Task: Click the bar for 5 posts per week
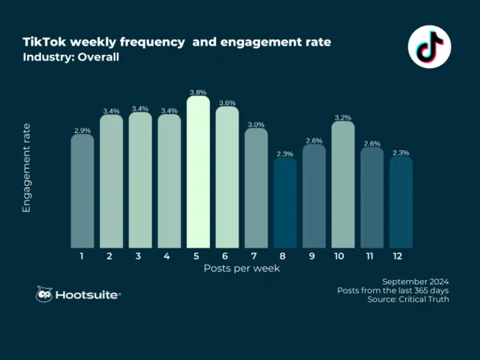(x=198, y=172)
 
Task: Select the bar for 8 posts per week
(x=285, y=203)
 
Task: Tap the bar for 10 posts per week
(x=343, y=184)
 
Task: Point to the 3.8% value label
(x=198, y=91)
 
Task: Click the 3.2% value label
(x=343, y=118)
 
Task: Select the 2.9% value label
(x=82, y=131)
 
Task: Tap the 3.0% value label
(x=256, y=125)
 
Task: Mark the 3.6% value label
(x=227, y=102)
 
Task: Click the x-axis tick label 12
(x=401, y=255)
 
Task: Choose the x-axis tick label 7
(x=256, y=255)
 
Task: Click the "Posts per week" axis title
(x=242, y=268)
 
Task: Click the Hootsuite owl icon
(x=45, y=295)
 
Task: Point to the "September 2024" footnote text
(x=416, y=280)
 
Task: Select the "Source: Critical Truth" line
(x=407, y=300)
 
